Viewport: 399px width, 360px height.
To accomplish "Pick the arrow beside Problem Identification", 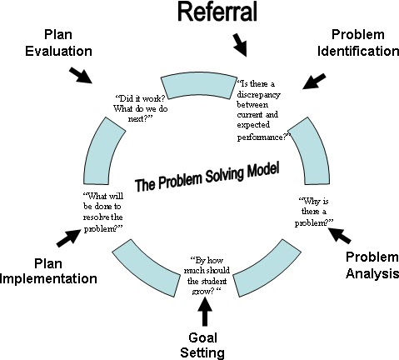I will point(314,81).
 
